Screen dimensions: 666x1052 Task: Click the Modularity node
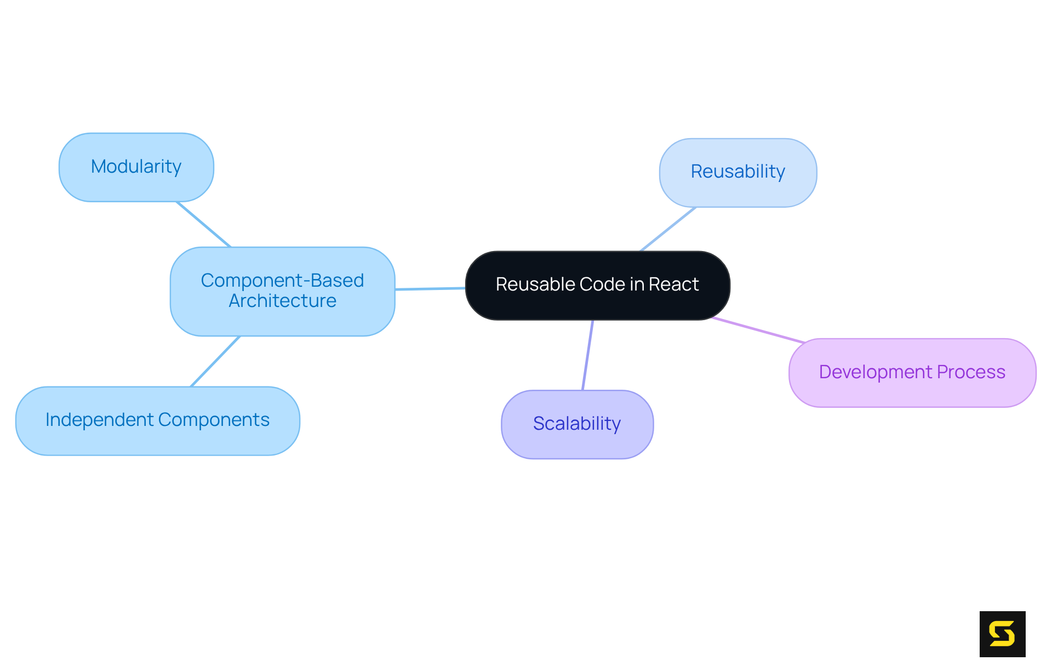[x=136, y=167]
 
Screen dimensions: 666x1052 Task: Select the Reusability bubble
[x=737, y=172]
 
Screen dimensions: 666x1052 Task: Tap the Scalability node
[x=577, y=424]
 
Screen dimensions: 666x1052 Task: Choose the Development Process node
[x=912, y=373]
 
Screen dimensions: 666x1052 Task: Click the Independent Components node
[x=157, y=420]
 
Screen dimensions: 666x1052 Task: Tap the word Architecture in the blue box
[x=282, y=301]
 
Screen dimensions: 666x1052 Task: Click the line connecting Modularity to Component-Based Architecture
[x=203, y=224]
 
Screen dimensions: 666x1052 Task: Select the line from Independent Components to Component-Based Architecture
[x=215, y=361]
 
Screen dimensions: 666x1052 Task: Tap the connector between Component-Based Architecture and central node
[x=430, y=288]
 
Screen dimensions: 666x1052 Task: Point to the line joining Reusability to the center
[x=668, y=229]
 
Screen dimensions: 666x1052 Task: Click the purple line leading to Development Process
[x=758, y=330]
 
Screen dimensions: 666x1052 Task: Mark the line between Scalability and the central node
[x=587, y=355]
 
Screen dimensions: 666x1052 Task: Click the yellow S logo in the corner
[x=1002, y=634]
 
